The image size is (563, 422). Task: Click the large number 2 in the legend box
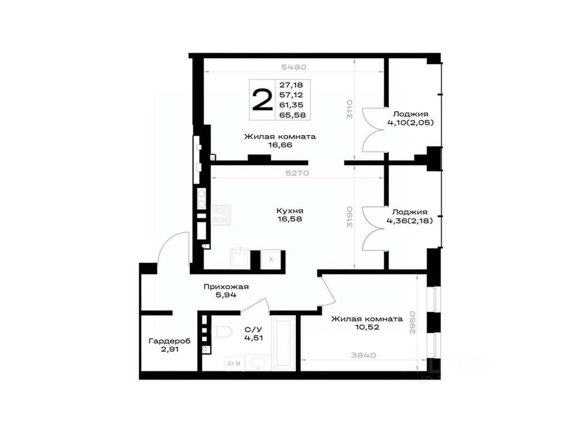click(262, 100)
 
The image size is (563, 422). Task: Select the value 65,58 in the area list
click(292, 115)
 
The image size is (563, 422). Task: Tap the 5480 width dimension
click(294, 67)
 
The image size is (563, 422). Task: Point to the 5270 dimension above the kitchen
click(297, 173)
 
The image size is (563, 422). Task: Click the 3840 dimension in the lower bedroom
click(363, 355)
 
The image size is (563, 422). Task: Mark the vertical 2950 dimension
click(412, 322)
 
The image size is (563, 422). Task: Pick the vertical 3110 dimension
click(350, 109)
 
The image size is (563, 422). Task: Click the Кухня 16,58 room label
click(290, 215)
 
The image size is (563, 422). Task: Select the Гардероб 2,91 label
click(169, 345)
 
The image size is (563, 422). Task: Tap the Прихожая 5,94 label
click(226, 291)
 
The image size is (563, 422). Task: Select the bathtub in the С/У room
click(283, 343)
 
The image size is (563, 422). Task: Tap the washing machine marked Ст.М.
click(235, 363)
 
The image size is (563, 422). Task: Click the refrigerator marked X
click(271, 259)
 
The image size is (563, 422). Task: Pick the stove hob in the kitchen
click(221, 215)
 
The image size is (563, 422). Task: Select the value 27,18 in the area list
click(291, 85)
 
